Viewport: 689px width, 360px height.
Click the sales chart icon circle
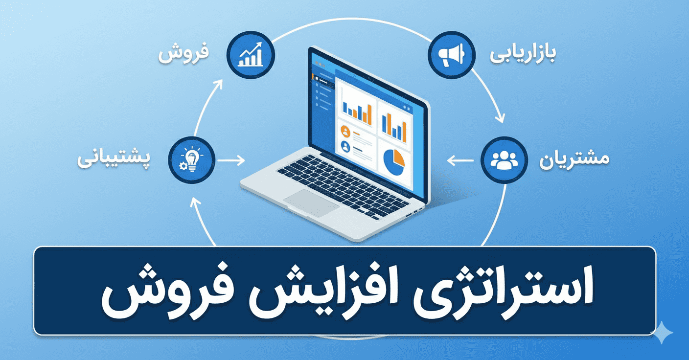pos(251,54)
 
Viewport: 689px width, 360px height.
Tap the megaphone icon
pos(451,54)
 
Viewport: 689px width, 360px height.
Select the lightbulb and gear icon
pos(191,160)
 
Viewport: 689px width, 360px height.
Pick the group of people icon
pos(504,159)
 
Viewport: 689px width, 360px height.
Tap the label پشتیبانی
pos(114,160)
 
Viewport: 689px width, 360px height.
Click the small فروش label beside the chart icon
pos(183,53)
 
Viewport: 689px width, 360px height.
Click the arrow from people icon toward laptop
pos(460,160)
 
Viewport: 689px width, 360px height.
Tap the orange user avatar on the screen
pos(345,131)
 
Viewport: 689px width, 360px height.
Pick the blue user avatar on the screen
pos(345,145)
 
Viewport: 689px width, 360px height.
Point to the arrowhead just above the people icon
pos(500,118)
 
